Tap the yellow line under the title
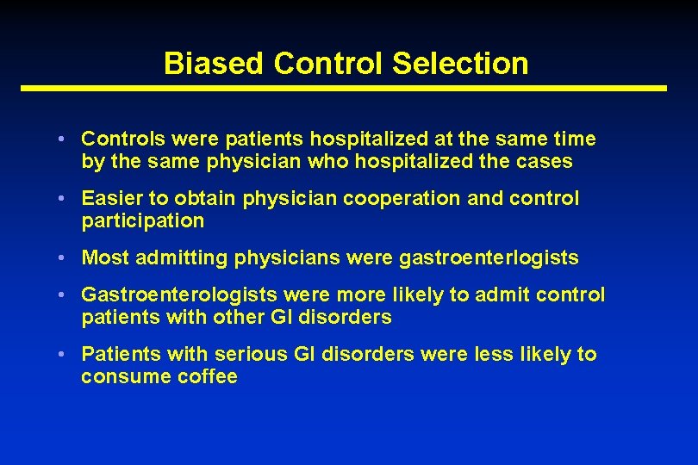pos(344,88)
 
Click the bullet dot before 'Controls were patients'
pos(65,139)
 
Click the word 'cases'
pos(542,161)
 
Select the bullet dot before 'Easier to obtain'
pos(65,199)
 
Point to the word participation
pos(143,220)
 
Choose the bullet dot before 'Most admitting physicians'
pos(65,258)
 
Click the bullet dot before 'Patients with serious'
pos(65,355)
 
